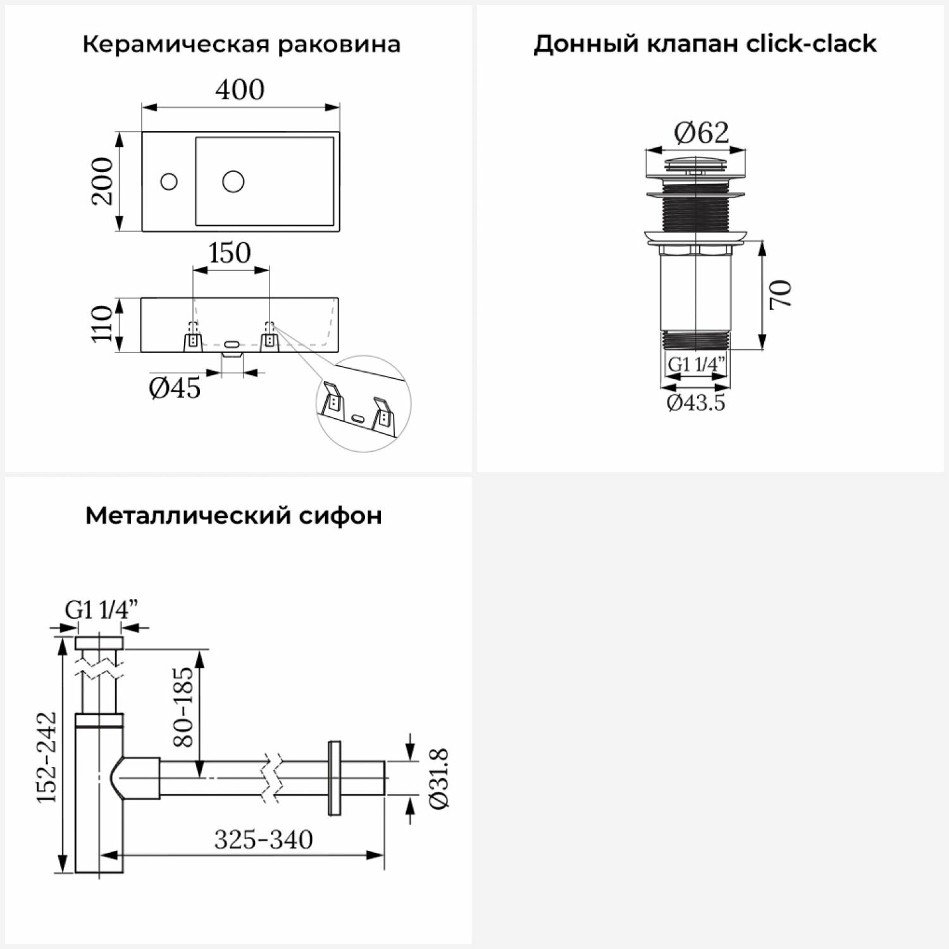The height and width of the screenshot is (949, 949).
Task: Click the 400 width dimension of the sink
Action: tap(240, 90)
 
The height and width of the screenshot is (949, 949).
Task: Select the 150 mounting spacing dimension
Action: tap(230, 253)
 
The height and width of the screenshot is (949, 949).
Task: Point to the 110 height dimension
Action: tap(101, 324)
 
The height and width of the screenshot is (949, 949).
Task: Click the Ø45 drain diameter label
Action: tap(175, 388)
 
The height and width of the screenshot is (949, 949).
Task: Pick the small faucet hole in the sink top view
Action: tap(169, 182)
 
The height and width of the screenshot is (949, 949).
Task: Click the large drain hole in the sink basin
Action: tap(233, 182)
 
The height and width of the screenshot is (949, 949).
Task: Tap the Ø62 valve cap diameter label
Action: tap(701, 133)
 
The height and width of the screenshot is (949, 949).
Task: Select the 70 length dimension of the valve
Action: tap(781, 294)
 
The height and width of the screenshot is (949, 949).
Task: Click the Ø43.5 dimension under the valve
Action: tap(696, 402)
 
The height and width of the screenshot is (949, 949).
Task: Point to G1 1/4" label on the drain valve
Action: tap(696, 365)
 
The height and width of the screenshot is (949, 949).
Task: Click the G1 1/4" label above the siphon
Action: tap(101, 610)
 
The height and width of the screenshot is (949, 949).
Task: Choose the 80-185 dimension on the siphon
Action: tap(183, 707)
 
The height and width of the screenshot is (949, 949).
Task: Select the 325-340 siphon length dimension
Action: tap(263, 840)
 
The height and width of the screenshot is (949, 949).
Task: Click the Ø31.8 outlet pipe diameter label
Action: tap(438, 778)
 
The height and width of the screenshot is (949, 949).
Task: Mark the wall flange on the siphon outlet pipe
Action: tap(334, 778)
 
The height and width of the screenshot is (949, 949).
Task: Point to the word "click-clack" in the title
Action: tap(811, 44)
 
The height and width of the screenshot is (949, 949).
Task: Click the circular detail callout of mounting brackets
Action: tap(363, 406)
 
